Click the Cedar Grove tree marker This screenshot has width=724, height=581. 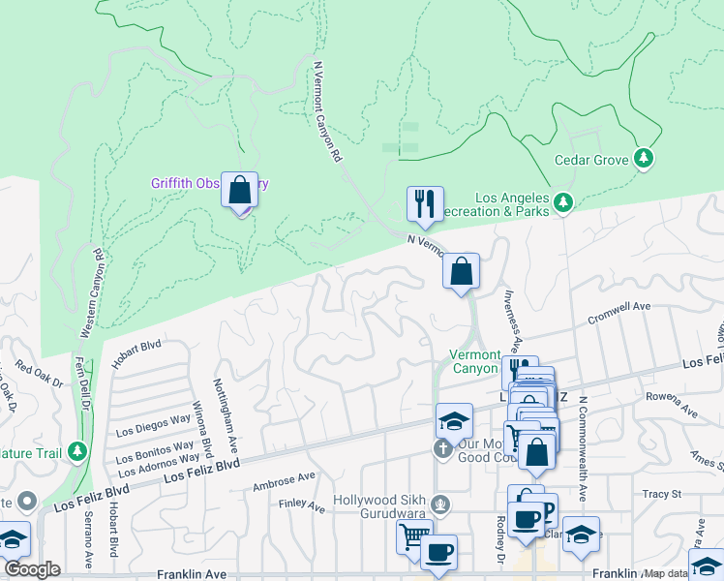(644, 158)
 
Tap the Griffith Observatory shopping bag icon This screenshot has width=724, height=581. (239, 190)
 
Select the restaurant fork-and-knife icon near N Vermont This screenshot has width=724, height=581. (425, 203)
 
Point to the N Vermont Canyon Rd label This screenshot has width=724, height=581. (328, 112)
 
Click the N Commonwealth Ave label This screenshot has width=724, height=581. (583, 447)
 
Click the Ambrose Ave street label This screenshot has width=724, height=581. (284, 479)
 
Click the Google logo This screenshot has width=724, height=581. (32, 568)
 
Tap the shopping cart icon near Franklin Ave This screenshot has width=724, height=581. (413, 535)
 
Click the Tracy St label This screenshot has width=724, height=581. (661, 494)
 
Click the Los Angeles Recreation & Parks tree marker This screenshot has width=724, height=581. (563, 201)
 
